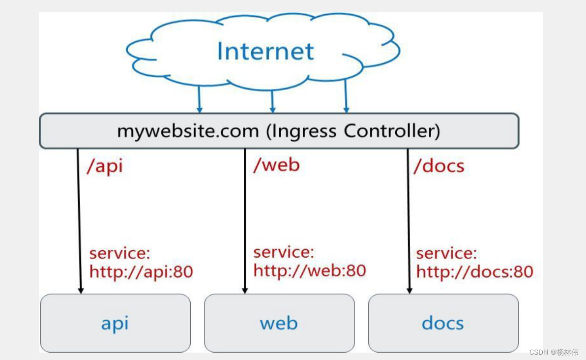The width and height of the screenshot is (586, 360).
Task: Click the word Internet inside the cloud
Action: point(265,52)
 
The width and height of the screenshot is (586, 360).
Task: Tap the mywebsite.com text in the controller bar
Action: point(187,131)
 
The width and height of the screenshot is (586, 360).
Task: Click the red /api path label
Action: point(105,166)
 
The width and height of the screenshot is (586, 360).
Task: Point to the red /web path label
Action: point(276,165)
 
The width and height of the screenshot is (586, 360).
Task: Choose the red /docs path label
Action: point(439,166)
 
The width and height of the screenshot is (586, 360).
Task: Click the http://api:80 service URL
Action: point(141,271)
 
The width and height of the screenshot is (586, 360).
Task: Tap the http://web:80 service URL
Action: point(310,270)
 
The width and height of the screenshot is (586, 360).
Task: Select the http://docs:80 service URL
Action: point(474,271)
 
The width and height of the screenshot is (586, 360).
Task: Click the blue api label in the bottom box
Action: point(115,324)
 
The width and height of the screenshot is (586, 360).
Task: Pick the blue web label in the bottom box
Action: point(279,324)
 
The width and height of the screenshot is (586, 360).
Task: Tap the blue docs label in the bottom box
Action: point(442,324)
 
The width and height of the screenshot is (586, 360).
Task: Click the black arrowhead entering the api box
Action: point(81,290)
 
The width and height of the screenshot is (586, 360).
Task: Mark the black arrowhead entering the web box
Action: point(245,290)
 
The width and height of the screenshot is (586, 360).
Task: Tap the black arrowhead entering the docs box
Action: point(409,290)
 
